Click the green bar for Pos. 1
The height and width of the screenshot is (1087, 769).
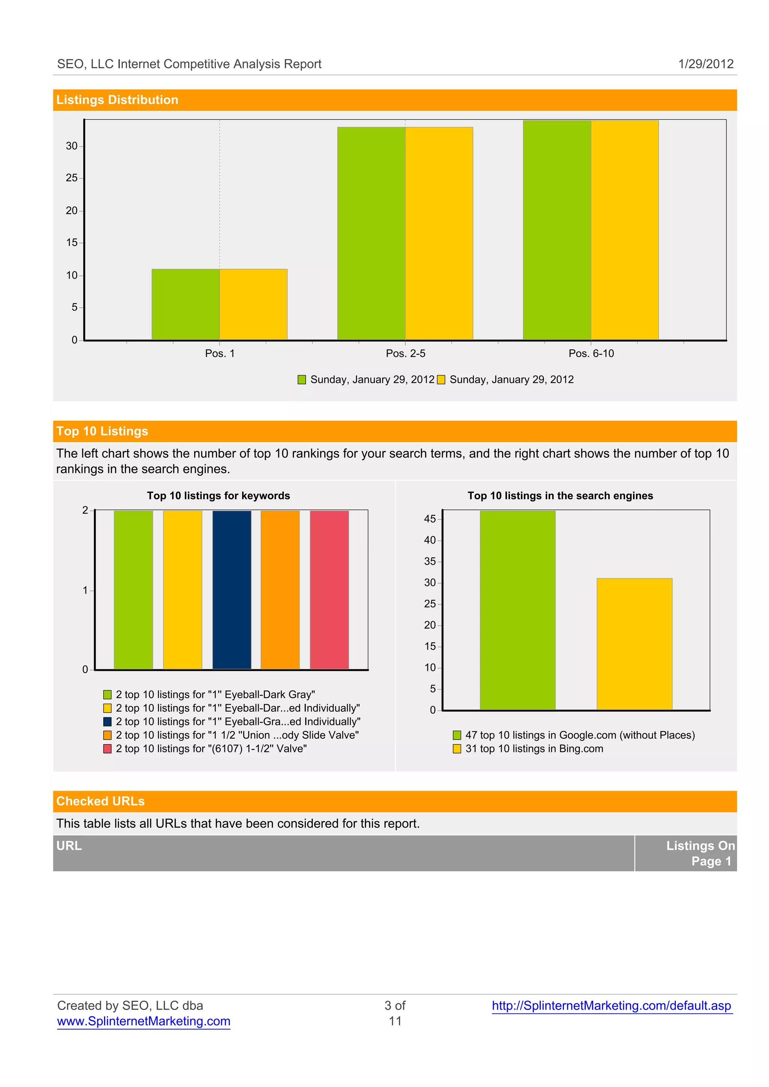click(185, 305)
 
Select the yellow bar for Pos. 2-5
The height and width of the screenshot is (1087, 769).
click(439, 234)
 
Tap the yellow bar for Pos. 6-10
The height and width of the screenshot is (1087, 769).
click(624, 230)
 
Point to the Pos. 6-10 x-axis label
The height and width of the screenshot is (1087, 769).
click(591, 353)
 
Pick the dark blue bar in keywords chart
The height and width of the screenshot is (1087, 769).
click(232, 590)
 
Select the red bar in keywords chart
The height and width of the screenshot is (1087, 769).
click(329, 590)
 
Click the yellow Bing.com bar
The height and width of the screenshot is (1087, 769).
click(634, 644)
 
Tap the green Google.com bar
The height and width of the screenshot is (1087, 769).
click(517, 610)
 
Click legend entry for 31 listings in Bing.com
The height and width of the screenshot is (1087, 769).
click(534, 749)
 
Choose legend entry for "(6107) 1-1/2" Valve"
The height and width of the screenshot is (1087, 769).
click(211, 749)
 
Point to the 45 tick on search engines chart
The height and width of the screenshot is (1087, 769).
click(430, 519)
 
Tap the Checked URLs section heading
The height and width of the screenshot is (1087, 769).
click(100, 802)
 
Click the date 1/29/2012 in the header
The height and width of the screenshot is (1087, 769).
click(706, 64)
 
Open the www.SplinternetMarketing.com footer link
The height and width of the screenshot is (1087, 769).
click(143, 1022)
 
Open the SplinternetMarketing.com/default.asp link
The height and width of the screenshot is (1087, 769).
click(611, 1005)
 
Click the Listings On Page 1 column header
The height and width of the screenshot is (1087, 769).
click(700, 853)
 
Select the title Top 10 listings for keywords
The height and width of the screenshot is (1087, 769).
click(218, 496)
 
